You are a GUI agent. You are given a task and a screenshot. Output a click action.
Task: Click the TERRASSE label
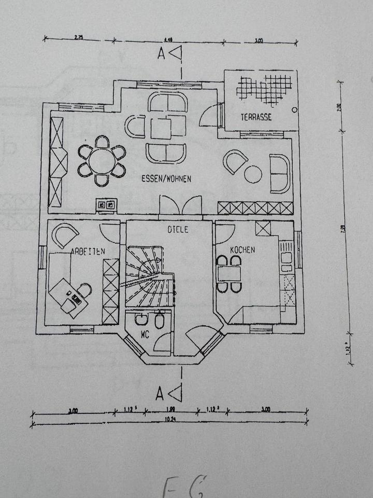(x=256, y=117)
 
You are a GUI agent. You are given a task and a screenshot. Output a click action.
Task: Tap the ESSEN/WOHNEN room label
(x=166, y=178)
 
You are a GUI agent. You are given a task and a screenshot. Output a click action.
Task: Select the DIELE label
(x=178, y=229)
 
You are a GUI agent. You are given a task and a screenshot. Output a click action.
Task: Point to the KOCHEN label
(x=242, y=250)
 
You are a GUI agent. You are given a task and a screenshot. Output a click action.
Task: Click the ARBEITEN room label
(x=88, y=251)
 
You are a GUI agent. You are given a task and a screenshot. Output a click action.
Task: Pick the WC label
(x=144, y=335)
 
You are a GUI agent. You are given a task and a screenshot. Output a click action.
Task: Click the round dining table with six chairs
(x=102, y=161)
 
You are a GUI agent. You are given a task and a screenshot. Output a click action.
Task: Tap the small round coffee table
(x=253, y=174)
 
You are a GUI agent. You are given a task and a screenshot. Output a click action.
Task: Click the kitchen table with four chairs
(x=229, y=273)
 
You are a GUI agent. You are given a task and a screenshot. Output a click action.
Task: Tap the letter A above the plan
(x=161, y=53)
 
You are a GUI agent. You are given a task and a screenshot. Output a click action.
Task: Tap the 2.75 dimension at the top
(x=79, y=37)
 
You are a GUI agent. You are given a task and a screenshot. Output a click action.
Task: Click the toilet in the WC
(x=160, y=321)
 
